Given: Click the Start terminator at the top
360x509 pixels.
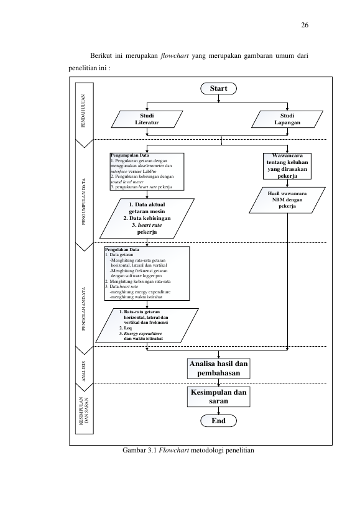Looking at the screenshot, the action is [x=218, y=88].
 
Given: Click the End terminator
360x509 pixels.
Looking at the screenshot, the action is [x=218, y=421].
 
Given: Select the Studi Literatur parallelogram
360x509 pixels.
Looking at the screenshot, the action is [x=147, y=119].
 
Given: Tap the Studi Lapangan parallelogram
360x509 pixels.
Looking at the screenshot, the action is [x=287, y=119].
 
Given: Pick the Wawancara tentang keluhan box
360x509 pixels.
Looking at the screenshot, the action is [x=287, y=166].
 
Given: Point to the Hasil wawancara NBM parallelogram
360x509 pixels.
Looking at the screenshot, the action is [x=287, y=200].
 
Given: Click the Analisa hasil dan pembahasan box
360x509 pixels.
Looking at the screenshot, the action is [x=218, y=369].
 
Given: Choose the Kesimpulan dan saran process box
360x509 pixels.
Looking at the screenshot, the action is [x=218, y=397].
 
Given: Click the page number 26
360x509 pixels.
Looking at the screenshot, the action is [x=305, y=25].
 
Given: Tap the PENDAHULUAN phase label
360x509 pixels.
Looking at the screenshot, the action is [x=83, y=111].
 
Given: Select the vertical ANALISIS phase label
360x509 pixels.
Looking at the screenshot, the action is [x=83, y=372].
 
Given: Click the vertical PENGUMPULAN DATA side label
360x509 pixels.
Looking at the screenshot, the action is [x=84, y=201].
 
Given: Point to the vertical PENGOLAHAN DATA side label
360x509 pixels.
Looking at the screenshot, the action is [x=84, y=309].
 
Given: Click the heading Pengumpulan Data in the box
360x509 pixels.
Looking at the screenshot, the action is [x=130, y=155].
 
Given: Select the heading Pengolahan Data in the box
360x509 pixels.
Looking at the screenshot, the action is [x=122, y=250].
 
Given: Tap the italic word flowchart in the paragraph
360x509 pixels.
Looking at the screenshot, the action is [x=175, y=55].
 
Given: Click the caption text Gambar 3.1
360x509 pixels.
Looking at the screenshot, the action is [x=139, y=450].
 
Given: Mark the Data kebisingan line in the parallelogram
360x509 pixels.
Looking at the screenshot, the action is [x=147, y=218].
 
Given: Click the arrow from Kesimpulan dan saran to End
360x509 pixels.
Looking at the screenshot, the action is [x=218, y=411].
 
